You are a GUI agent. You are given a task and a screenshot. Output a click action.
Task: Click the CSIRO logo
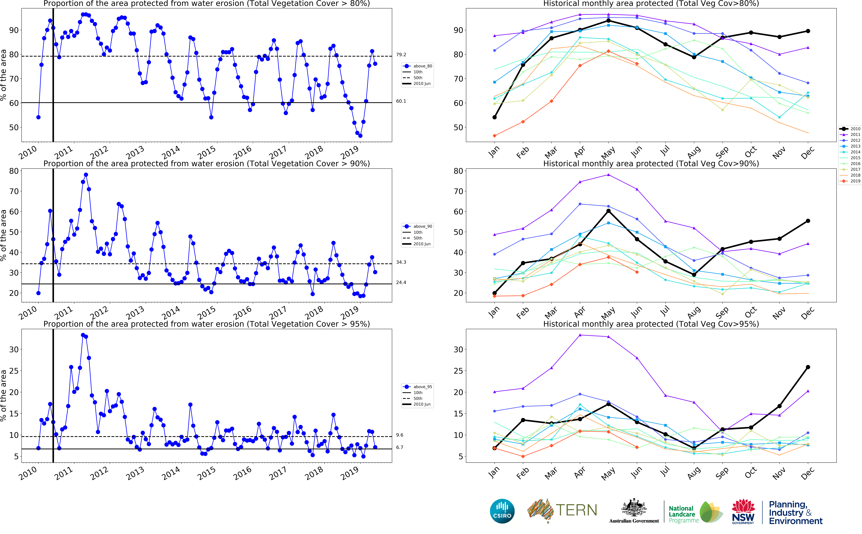(x=502, y=511)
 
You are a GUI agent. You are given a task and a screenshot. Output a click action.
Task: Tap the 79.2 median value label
(x=401, y=55)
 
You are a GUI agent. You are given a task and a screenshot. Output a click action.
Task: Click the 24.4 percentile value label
(x=401, y=283)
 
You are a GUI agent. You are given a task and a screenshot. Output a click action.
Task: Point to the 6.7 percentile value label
(x=400, y=447)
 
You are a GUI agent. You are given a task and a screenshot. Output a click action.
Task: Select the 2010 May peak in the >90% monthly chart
(x=608, y=211)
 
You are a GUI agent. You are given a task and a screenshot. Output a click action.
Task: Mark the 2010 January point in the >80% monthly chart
(x=495, y=117)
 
